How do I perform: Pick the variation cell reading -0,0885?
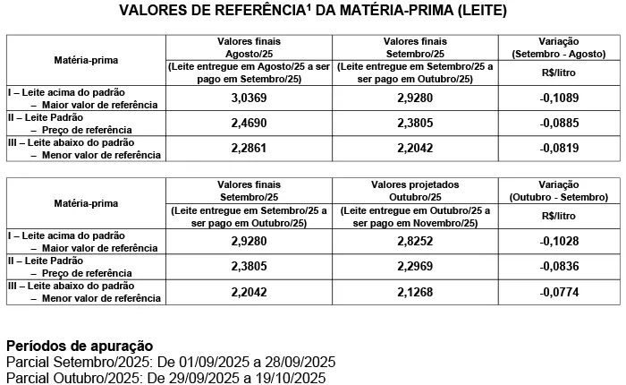560,123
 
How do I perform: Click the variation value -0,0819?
560,148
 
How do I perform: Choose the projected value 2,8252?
415,241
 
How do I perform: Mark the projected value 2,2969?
415,266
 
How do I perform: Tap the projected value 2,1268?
415,291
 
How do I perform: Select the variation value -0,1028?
560,241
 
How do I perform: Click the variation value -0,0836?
560,266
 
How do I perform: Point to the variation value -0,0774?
560,291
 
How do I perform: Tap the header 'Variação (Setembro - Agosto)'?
560,47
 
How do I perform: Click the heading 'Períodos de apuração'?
80,346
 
